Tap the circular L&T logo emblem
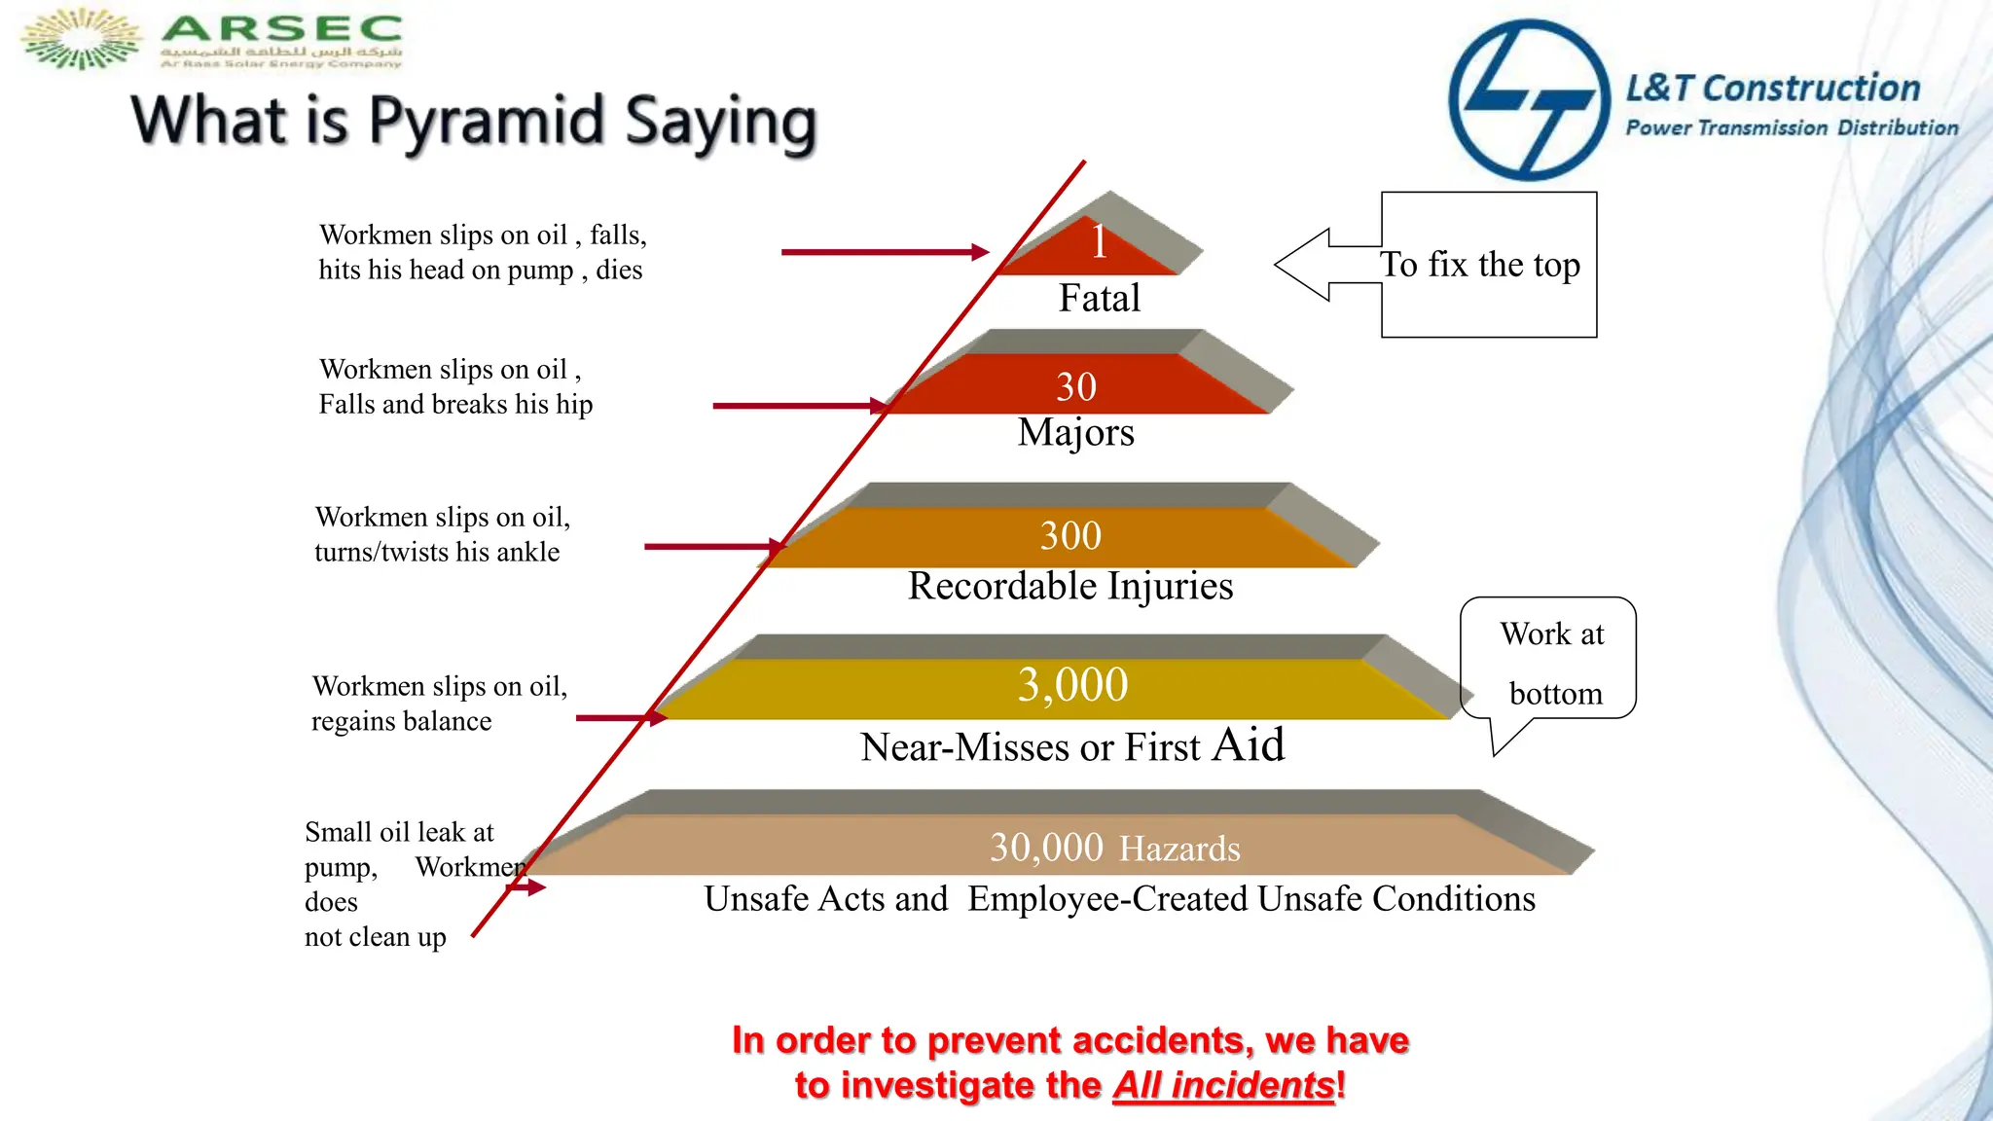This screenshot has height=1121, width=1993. click(x=1529, y=99)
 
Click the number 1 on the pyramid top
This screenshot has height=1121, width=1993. click(x=1099, y=241)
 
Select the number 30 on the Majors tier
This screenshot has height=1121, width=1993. click(x=1076, y=387)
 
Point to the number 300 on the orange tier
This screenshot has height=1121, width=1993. click(x=1070, y=535)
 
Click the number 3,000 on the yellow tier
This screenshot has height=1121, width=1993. click(x=1072, y=684)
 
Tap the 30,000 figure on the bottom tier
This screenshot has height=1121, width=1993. click(x=1046, y=848)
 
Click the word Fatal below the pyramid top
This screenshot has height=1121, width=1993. click(x=1100, y=298)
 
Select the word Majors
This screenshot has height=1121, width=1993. click(x=1076, y=432)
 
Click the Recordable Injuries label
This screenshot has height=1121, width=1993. click(x=1070, y=586)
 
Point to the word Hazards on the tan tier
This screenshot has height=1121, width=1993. click(x=1179, y=850)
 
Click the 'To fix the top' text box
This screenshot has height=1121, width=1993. click(x=1489, y=265)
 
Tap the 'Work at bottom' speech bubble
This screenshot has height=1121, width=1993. click(x=1551, y=662)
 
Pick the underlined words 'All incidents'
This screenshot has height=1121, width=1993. click(x=1223, y=1085)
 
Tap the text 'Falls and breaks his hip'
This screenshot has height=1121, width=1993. click(x=455, y=404)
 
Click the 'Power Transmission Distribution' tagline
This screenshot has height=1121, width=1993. click(x=1792, y=127)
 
